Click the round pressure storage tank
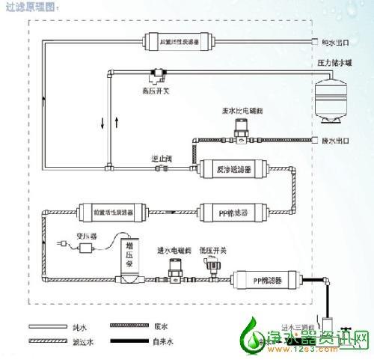[333, 97]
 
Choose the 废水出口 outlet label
[337, 140]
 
